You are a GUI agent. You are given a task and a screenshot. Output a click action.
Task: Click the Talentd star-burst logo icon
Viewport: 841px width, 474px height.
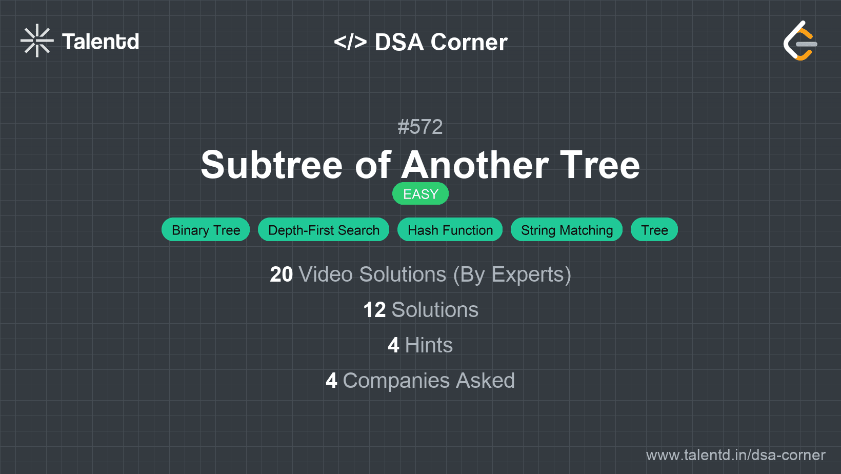pos(37,41)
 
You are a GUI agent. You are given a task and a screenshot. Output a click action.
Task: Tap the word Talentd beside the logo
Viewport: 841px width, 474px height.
pos(101,42)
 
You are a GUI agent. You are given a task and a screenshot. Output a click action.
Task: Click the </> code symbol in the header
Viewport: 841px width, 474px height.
pos(350,42)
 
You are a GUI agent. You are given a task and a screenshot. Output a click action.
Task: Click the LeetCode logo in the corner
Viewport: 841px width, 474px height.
pos(800,41)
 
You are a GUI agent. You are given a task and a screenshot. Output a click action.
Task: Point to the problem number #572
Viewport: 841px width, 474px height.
pos(420,127)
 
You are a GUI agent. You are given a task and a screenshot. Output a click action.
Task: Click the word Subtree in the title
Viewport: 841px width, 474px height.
pos(271,165)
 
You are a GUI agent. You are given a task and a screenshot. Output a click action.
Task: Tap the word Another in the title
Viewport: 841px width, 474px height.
pos(475,165)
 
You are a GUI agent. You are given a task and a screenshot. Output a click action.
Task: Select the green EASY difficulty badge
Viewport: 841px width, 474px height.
pos(420,194)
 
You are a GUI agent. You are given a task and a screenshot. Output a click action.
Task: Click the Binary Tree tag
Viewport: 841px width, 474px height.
pos(206,230)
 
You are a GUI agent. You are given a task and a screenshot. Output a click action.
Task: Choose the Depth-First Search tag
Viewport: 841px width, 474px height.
pos(324,230)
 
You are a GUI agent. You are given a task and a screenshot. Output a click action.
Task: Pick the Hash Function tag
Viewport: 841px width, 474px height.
pos(450,230)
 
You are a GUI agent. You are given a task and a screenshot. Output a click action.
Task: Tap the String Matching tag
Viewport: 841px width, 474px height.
pos(567,230)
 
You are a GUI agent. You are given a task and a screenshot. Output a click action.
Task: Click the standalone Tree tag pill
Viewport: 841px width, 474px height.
pos(654,230)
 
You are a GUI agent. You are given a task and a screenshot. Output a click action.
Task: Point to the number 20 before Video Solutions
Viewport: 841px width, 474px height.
pos(282,274)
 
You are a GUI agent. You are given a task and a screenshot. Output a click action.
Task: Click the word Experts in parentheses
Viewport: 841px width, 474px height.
pos(528,274)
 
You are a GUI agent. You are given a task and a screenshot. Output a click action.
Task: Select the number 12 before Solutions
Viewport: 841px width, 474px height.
pos(374,310)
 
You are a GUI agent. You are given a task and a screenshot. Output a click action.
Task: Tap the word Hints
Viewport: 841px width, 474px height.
pos(429,345)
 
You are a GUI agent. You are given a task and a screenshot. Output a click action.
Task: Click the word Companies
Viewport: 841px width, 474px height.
pos(396,381)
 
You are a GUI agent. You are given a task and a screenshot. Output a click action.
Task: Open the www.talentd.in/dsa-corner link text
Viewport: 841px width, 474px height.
pos(735,455)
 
